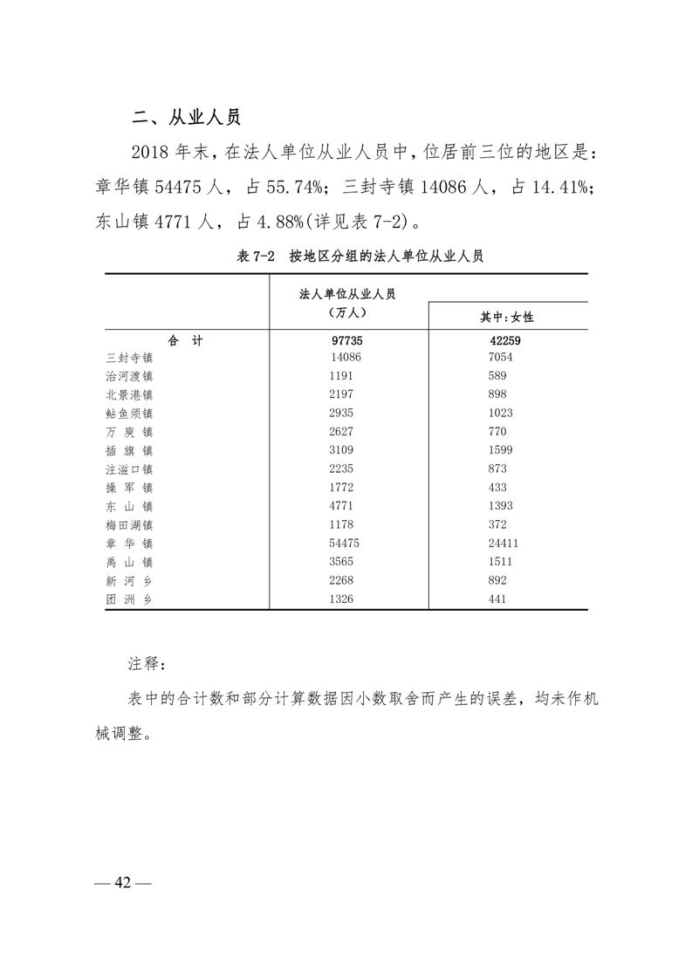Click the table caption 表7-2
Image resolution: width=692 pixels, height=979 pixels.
[x=255, y=256]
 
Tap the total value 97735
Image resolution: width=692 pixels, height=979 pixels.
[x=346, y=341]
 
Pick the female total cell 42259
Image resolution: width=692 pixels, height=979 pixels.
[x=505, y=341]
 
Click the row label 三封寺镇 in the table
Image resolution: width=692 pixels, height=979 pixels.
[x=129, y=358]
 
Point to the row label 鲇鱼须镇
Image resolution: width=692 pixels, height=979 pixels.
[x=129, y=413]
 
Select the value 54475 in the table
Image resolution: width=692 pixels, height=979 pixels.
[x=346, y=543]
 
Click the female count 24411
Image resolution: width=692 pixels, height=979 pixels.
[x=505, y=543]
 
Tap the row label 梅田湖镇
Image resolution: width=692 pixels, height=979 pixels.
[x=129, y=524]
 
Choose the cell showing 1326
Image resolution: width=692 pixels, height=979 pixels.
[x=346, y=599]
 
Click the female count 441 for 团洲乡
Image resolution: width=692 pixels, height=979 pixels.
[x=498, y=599]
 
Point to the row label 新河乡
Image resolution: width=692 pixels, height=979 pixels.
[x=129, y=580]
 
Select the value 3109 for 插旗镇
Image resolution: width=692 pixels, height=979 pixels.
[x=346, y=450]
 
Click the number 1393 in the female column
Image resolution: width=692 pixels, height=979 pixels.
[x=501, y=506]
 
